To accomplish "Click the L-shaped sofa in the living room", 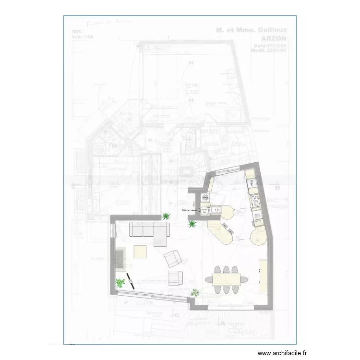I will click(149, 231).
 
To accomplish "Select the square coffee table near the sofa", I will click(140, 252).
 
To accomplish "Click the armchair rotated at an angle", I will click(172, 259).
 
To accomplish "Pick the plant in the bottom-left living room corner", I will click(120, 283).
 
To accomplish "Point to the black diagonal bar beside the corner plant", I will click(131, 280).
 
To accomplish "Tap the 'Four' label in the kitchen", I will click(251, 182).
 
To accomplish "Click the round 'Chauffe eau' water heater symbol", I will click(204, 211).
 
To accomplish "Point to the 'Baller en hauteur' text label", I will click(190, 210).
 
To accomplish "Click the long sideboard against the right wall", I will click(264, 276).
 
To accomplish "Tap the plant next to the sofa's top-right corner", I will click(167, 216).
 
